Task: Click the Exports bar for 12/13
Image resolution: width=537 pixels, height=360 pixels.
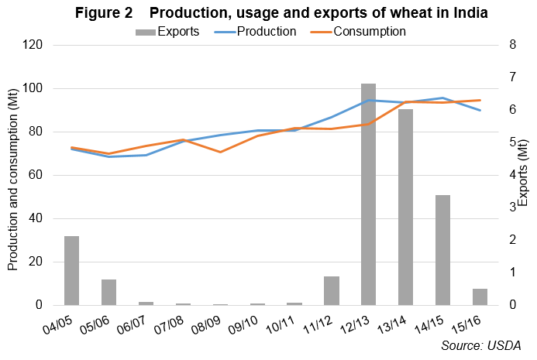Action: (369, 194)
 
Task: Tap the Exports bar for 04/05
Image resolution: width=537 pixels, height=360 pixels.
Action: (71, 270)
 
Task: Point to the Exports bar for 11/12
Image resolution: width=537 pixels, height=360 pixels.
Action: (332, 290)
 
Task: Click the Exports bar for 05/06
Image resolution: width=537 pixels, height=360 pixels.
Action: (108, 292)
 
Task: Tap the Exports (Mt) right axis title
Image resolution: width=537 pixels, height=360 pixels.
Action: (523, 176)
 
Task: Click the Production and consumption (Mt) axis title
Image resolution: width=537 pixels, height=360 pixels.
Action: (13, 176)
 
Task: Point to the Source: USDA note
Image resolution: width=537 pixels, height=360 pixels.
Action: (481, 345)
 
